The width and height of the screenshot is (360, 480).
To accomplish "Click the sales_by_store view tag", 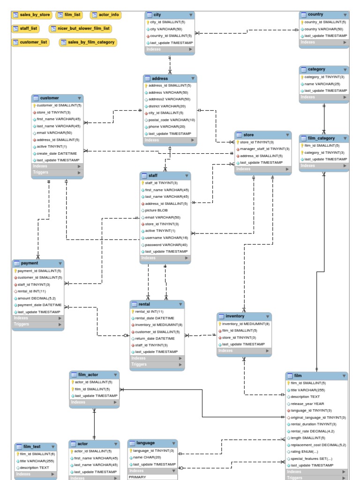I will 32,15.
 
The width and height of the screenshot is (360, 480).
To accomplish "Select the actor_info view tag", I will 105,15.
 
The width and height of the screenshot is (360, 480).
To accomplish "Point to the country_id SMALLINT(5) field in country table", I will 325,22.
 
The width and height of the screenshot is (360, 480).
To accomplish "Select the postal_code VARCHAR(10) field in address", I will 172,120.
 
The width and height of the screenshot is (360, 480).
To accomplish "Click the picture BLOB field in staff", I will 156,210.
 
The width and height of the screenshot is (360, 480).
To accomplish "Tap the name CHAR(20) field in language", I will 147,457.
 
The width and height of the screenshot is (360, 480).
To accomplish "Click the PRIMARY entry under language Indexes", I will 137,477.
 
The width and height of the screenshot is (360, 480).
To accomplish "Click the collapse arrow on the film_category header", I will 345,138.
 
